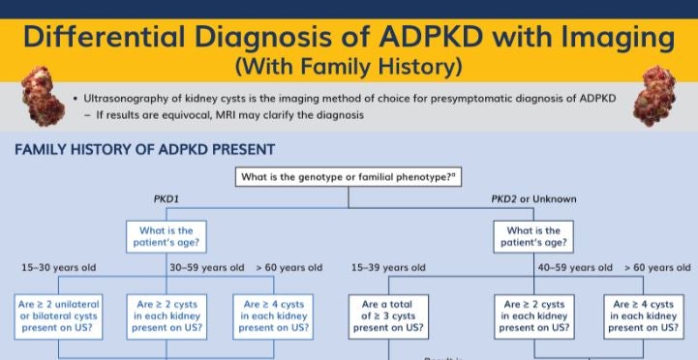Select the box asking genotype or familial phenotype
click(349, 177)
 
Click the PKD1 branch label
click(168, 199)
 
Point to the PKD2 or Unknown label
click(533, 199)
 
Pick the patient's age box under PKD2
click(533, 237)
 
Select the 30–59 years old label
click(207, 267)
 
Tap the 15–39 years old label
click(389, 267)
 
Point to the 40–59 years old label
click(574, 267)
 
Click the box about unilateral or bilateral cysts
click(60, 315)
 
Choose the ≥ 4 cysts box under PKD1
click(276, 315)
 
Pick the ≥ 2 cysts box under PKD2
click(534, 315)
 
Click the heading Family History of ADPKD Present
click(144, 150)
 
